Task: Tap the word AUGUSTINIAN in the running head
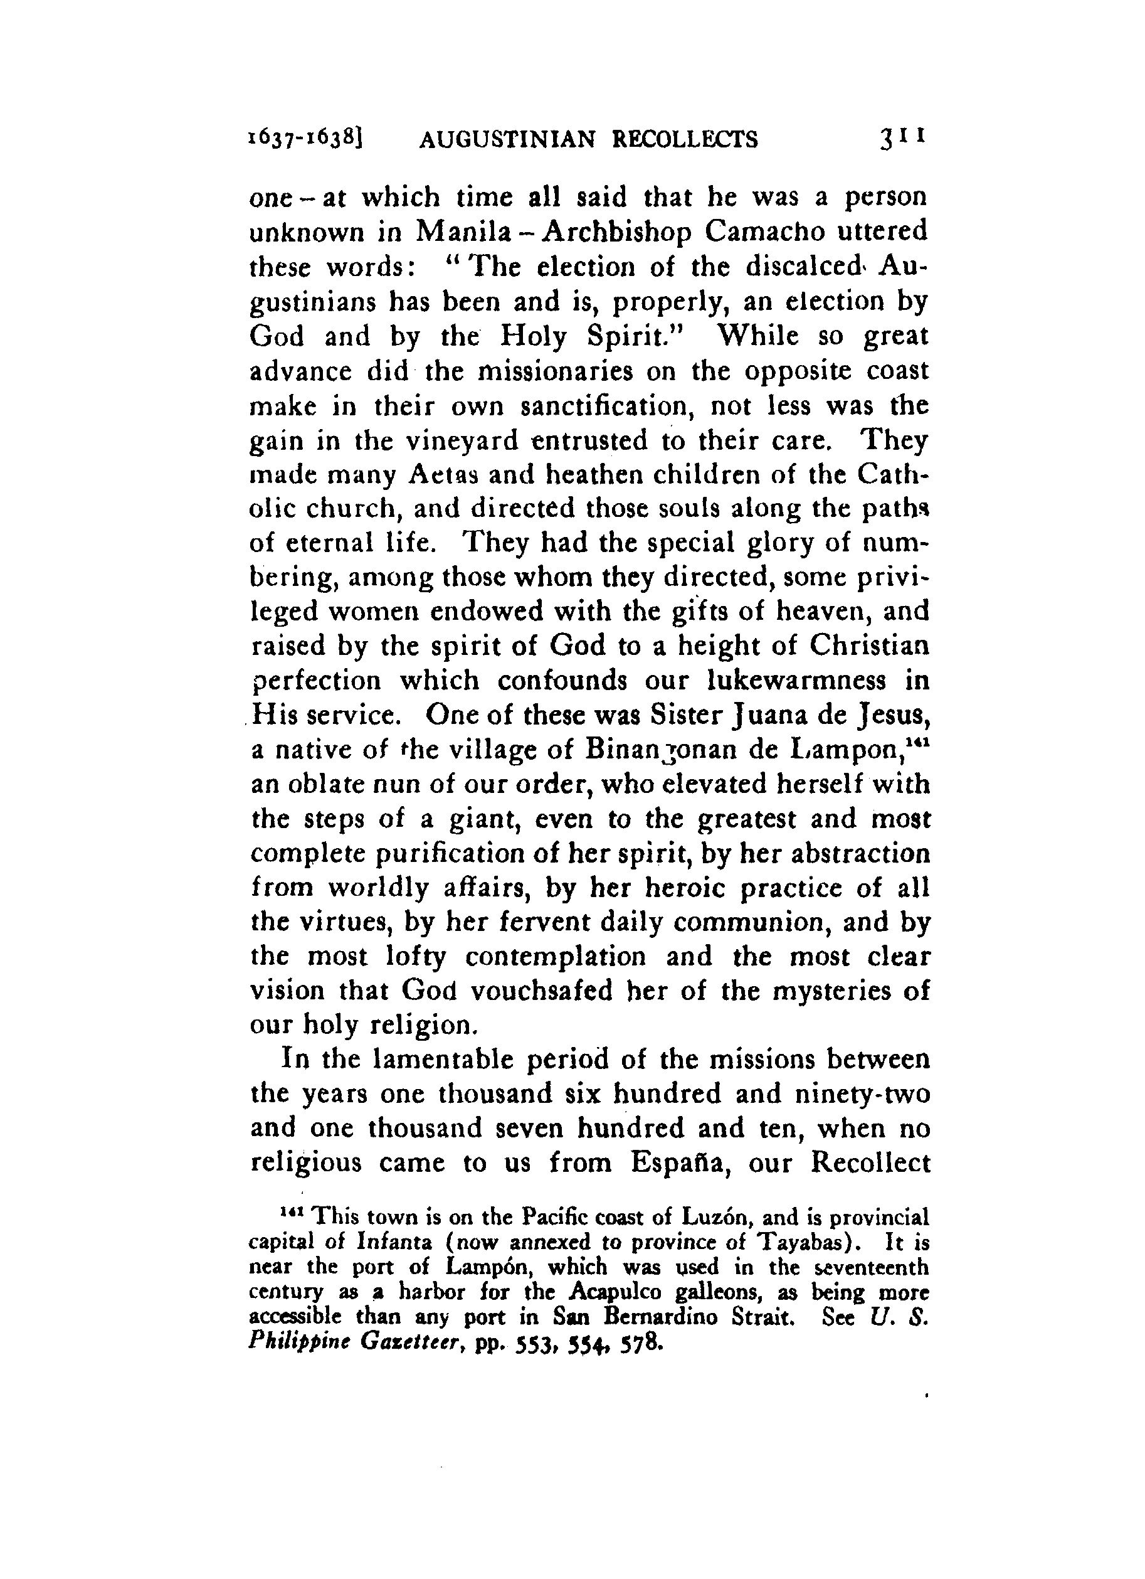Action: tap(507, 141)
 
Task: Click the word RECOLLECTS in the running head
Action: tap(684, 141)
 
